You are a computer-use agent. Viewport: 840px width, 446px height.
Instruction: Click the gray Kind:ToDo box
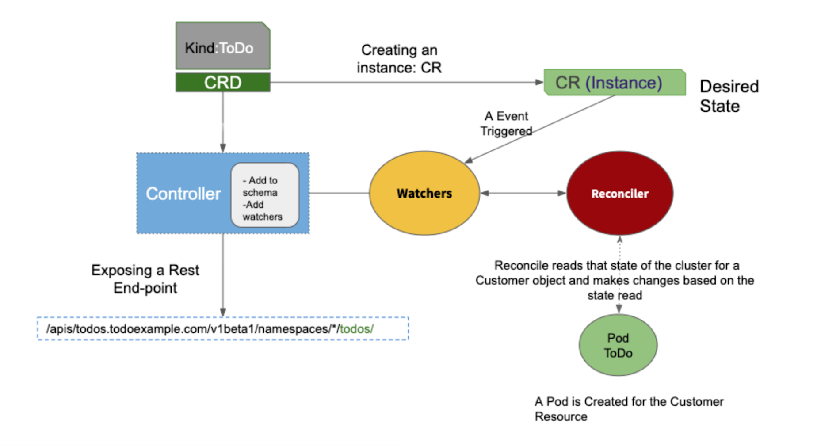click(223, 46)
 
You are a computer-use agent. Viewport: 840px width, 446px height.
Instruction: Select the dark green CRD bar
click(223, 83)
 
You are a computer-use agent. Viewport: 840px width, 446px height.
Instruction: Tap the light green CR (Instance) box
click(615, 83)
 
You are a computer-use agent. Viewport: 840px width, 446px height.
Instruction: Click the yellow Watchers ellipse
click(424, 193)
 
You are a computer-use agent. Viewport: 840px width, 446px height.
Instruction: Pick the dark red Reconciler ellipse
click(620, 193)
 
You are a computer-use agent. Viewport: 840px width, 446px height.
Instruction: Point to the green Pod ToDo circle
click(618, 345)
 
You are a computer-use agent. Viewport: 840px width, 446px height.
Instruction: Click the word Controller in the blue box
click(183, 194)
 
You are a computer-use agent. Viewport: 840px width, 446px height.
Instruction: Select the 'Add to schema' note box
click(264, 195)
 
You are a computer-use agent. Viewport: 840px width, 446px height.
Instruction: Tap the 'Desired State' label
click(729, 96)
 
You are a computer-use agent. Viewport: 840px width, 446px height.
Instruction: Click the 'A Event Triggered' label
click(506, 123)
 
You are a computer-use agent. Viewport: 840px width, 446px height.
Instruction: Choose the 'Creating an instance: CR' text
click(399, 59)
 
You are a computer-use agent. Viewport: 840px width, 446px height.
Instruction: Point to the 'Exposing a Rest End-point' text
click(145, 279)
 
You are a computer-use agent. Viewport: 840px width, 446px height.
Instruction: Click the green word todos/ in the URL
click(356, 329)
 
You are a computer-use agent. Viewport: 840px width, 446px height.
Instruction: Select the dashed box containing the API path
click(223, 329)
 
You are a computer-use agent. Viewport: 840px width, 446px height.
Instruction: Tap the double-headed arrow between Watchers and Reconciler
click(523, 193)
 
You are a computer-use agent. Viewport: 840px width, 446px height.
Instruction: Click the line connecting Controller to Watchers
click(339, 193)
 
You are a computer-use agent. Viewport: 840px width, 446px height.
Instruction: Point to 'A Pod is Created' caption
click(629, 409)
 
